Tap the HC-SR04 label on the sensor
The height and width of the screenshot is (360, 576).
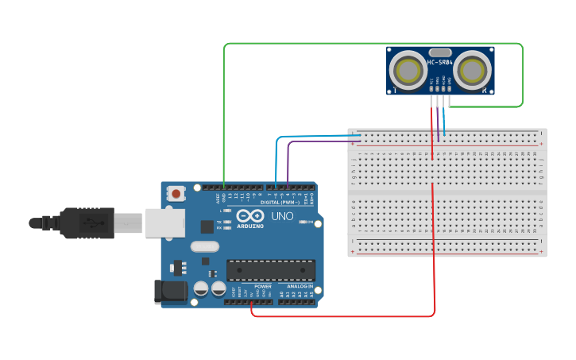coord(440,63)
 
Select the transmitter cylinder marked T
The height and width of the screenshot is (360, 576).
coord(409,70)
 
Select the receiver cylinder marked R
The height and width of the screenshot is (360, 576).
coord(474,70)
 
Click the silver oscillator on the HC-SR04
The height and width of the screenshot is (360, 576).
coord(440,52)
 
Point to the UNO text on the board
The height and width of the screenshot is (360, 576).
coord(283,216)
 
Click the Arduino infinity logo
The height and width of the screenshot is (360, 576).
coord(250,216)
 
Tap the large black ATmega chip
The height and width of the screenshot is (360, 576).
coord(270,270)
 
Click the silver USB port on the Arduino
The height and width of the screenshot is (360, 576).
coord(164,223)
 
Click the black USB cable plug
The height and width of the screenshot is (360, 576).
coord(87,223)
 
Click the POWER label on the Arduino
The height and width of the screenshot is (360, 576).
coord(263,286)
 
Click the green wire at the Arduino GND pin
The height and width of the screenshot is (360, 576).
coord(225,187)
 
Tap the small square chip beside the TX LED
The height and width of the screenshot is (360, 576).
coord(207,226)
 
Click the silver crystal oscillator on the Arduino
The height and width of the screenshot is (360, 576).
coord(204,247)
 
